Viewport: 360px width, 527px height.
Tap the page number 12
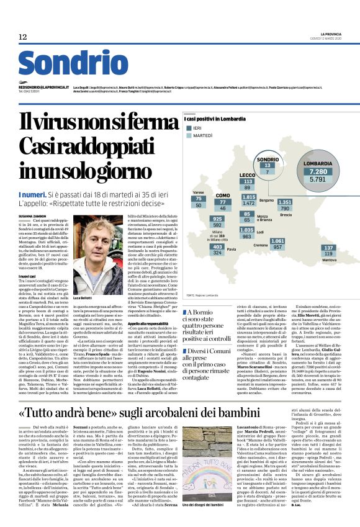click(x=22, y=37)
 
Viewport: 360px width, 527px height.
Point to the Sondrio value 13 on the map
click(x=268, y=166)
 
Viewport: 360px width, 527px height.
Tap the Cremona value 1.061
click(x=277, y=240)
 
